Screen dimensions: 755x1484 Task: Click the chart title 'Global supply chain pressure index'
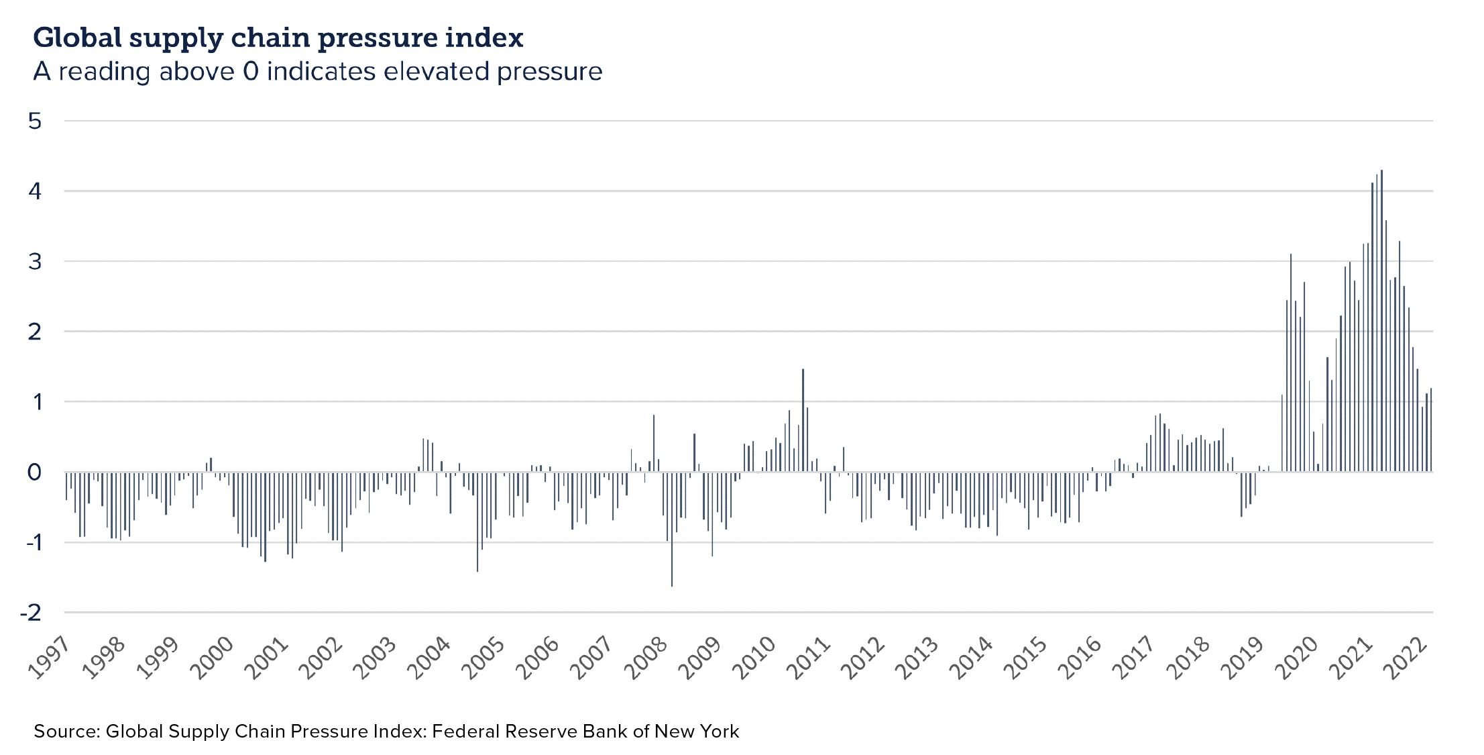point(278,38)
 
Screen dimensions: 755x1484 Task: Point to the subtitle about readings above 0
point(317,71)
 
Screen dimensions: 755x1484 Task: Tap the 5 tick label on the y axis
point(35,121)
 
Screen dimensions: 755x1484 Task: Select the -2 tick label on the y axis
point(32,612)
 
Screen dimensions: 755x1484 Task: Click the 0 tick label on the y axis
point(35,472)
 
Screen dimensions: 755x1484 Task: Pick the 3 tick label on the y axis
point(35,261)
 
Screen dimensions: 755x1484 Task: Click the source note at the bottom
point(386,731)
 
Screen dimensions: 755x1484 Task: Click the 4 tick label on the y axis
point(35,191)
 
